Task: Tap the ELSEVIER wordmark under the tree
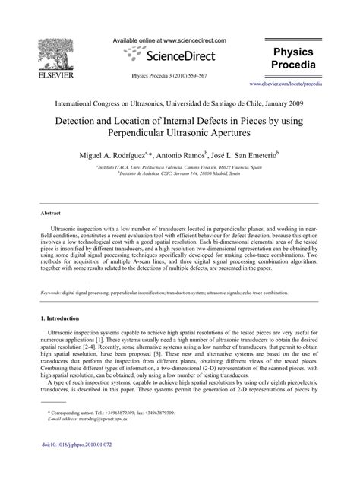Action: pyautogui.click(x=38, y=76)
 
